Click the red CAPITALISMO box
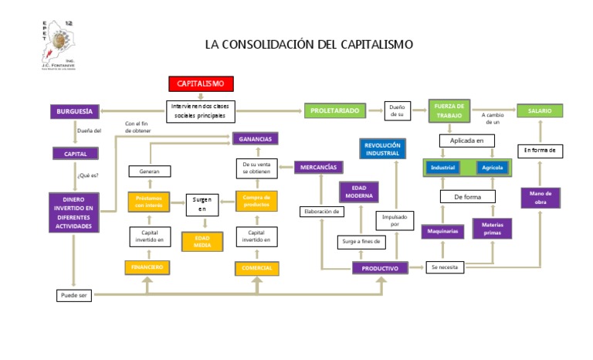(201, 83)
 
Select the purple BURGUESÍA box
(76, 111)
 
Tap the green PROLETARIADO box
(334, 111)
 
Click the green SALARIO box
(540, 111)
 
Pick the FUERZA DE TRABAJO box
(449, 110)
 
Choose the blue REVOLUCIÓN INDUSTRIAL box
(382, 148)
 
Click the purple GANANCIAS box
(255, 139)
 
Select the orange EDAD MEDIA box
(202, 241)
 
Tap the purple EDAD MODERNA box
(358, 192)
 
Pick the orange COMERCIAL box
(256, 268)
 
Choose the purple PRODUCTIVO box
(380, 268)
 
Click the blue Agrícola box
(490, 168)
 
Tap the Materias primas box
(492, 229)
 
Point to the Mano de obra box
(540, 198)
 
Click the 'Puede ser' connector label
(75, 295)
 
